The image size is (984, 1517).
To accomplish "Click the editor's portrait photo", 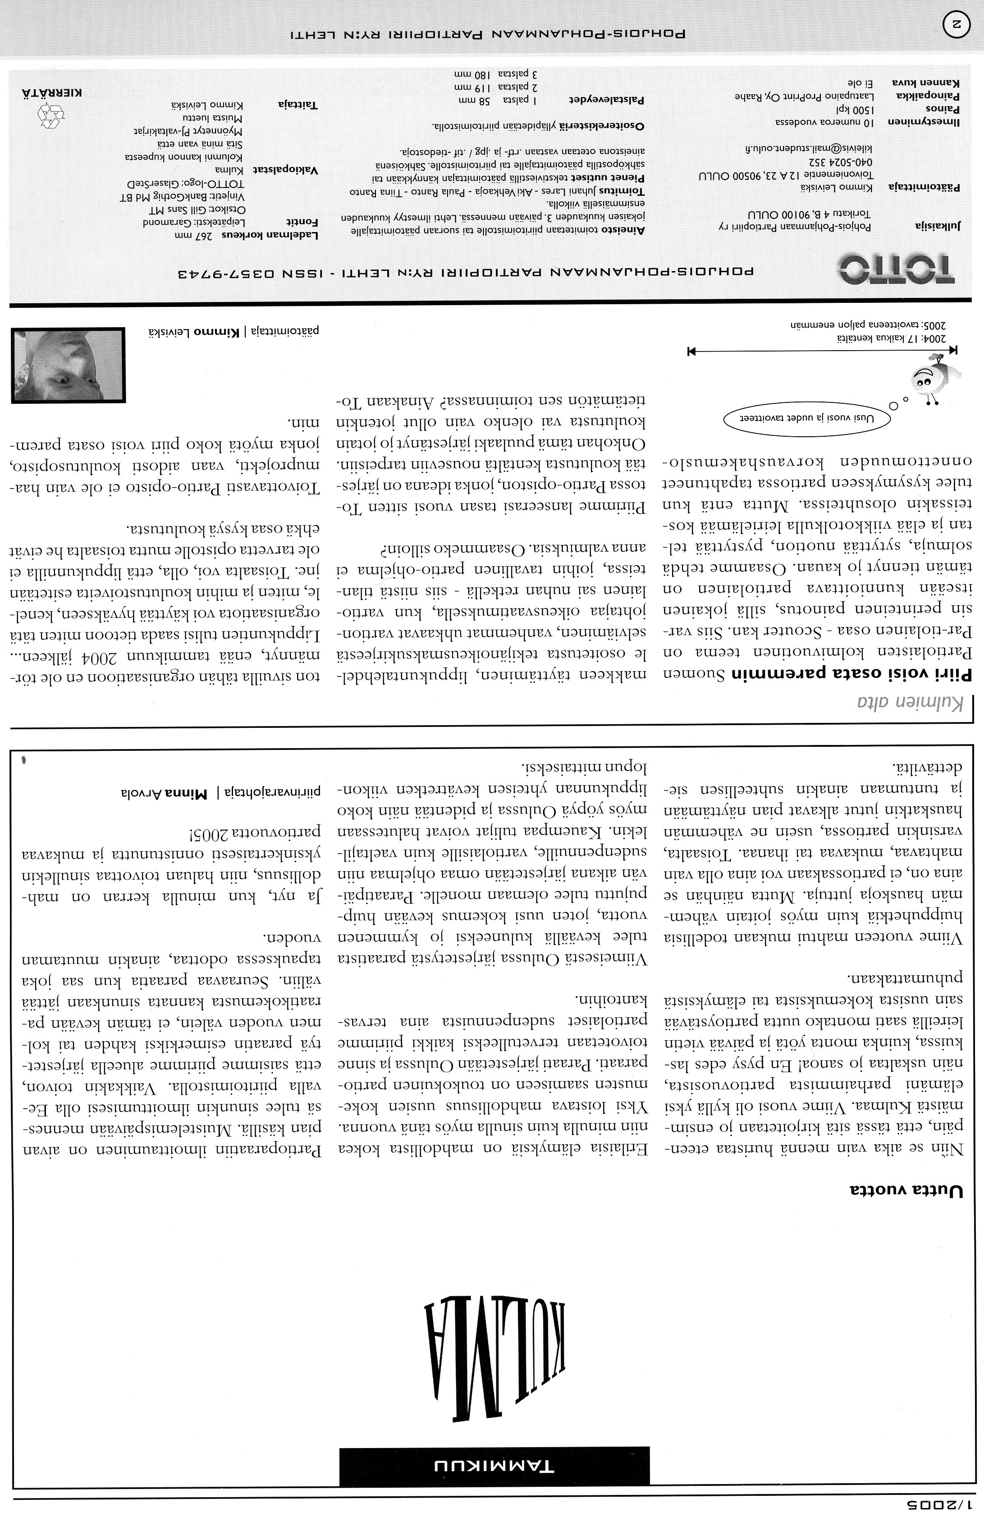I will click(x=68, y=365).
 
